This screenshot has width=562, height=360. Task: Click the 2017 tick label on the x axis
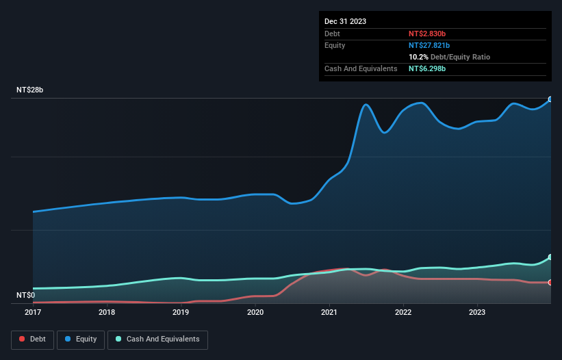coord(33,312)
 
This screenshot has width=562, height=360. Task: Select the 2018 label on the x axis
coord(107,312)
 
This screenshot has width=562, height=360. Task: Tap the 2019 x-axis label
coord(181,312)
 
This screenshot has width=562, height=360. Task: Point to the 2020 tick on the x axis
coord(255,312)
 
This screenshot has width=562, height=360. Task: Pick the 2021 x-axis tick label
coord(329,312)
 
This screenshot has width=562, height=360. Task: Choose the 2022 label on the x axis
coord(403,312)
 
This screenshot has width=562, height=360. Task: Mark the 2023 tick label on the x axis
coord(477,312)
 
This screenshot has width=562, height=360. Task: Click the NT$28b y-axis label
coord(29,90)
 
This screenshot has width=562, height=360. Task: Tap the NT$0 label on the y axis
coord(25,295)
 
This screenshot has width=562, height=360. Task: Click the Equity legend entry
coord(81,339)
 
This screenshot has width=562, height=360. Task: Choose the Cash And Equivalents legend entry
coord(157,339)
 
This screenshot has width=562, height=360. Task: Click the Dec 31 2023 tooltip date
coord(345,21)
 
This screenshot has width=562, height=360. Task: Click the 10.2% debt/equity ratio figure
coord(418,57)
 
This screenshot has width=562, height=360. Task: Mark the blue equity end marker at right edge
coord(550,99)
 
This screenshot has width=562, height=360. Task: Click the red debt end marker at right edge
coord(550,282)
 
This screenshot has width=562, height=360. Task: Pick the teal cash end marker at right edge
coord(550,257)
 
